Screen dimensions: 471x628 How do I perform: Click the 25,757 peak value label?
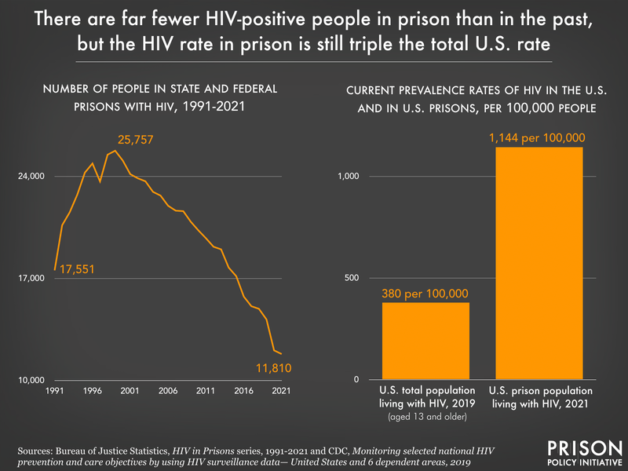(x=141, y=140)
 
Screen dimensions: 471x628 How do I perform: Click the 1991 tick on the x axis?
(x=54, y=391)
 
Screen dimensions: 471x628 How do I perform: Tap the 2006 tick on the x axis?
(x=168, y=391)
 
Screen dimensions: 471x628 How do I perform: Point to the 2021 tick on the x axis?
(x=282, y=391)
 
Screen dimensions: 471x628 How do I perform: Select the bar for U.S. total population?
(x=425, y=341)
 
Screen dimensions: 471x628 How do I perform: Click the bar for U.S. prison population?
(x=539, y=263)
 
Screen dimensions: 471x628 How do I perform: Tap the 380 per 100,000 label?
(x=425, y=294)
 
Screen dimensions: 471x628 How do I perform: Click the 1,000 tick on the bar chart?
(x=348, y=176)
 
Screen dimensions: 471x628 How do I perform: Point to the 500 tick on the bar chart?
(x=352, y=278)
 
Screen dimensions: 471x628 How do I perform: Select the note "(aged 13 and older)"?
(x=425, y=416)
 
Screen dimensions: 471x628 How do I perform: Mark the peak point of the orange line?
(x=115, y=151)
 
